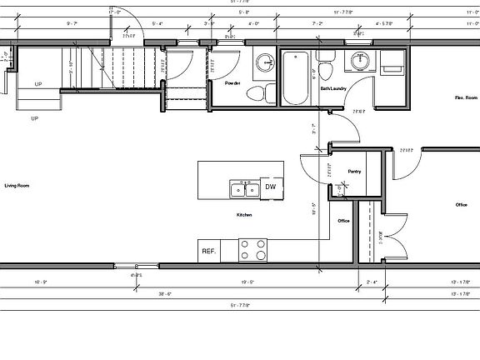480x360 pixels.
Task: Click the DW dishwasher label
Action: [271, 188]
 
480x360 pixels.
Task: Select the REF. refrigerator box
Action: [208, 250]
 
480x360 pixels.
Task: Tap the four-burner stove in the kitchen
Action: [254, 249]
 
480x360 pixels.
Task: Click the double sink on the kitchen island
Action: [243, 189]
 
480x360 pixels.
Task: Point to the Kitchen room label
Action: [244, 215]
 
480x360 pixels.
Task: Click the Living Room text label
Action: [17, 185]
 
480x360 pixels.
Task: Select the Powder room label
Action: [232, 83]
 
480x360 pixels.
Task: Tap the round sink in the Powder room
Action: [265, 61]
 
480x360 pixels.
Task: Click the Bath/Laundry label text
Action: [332, 88]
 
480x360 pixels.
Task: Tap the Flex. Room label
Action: [465, 98]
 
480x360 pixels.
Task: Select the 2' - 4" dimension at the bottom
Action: [371, 282]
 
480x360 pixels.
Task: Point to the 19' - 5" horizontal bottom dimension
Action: [247, 282]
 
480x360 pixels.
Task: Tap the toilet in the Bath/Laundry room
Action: [326, 65]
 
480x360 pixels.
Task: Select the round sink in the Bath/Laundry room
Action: [360, 61]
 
